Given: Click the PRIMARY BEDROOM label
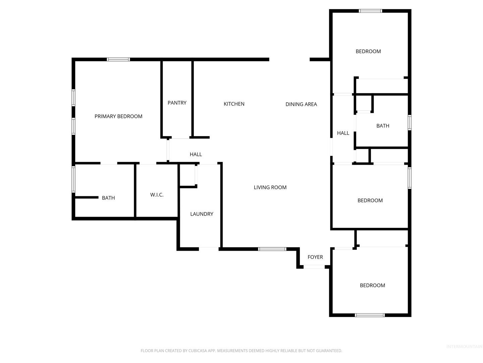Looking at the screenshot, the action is point(118,116).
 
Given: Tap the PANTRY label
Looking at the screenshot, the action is point(177,103).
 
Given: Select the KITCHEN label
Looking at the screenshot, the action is point(234,104).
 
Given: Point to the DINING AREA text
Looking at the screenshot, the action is point(301,104).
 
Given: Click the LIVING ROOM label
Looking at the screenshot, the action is point(270,187).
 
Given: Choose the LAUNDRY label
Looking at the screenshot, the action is point(201,214).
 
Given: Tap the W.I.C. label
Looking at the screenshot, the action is point(156,195).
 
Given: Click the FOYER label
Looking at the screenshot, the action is point(315,257).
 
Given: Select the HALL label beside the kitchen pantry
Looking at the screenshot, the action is point(196,154).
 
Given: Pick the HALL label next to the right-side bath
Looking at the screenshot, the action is point(343,133).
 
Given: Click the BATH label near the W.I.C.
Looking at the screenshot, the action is point(108,198).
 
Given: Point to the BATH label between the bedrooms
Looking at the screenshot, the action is point(382,126).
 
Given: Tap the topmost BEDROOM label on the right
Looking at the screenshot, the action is point(368,51).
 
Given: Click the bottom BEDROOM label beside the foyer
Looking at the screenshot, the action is point(372,285).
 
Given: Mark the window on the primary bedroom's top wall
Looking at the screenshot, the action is point(118,59).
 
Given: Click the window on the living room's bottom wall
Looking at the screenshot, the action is point(272,249).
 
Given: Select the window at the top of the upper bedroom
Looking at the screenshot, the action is point(370,11).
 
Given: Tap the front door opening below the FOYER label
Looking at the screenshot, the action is point(314,267).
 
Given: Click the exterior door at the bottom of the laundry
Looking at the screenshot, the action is point(209,249).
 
